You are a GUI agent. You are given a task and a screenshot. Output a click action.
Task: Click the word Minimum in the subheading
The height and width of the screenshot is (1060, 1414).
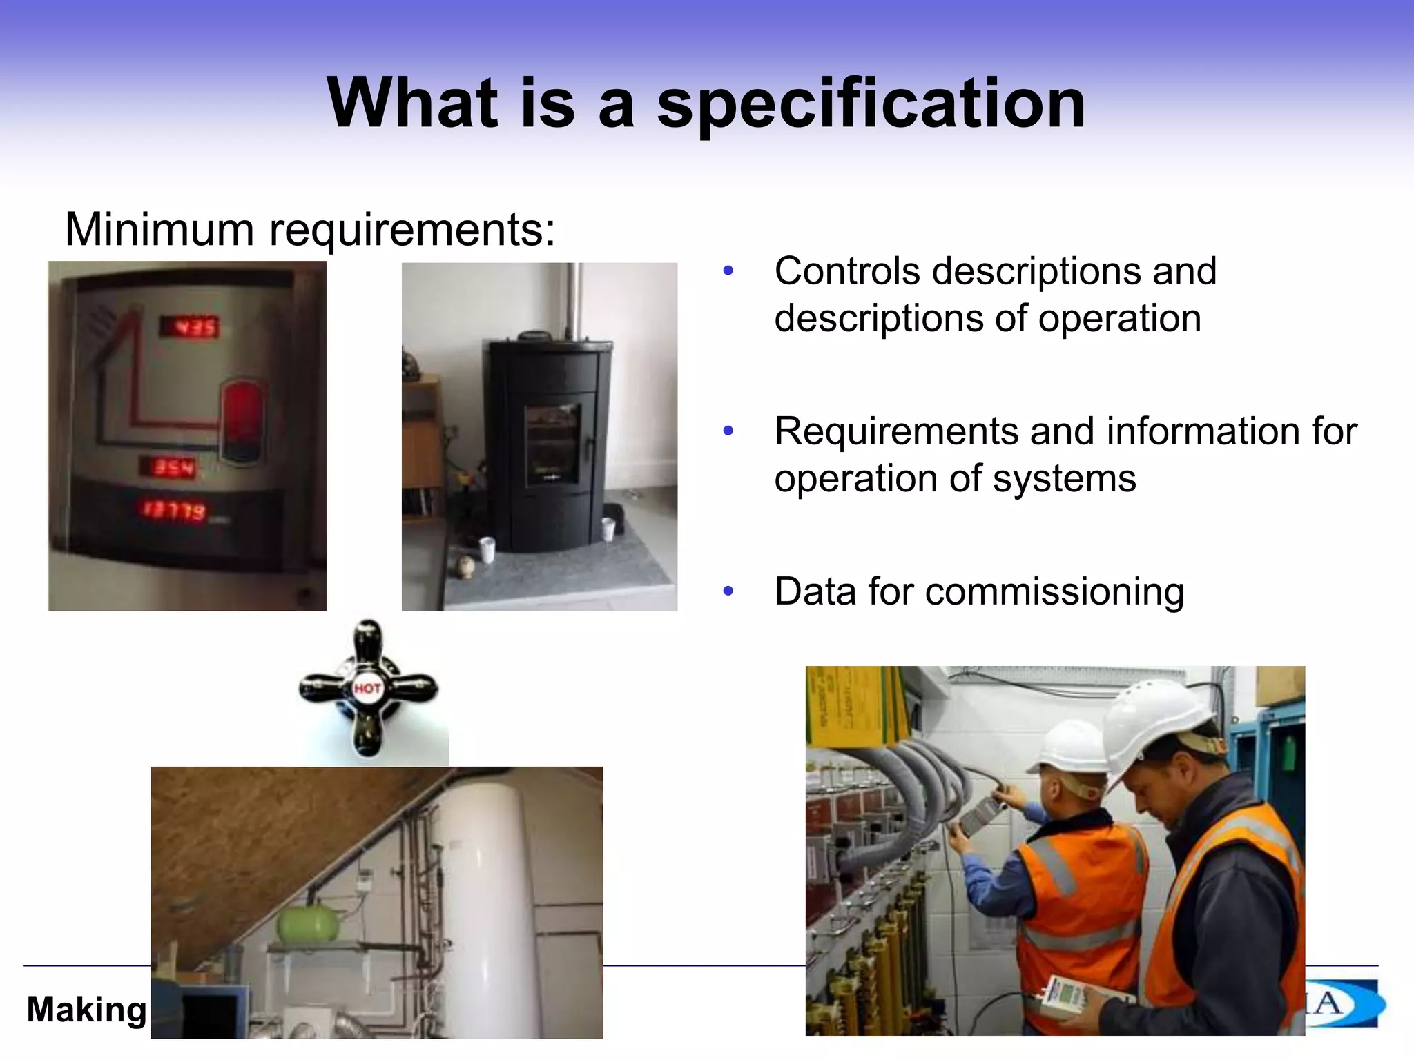[x=159, y=229]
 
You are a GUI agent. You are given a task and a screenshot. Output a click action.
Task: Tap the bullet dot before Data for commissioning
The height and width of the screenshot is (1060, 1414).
[x=728, y=592]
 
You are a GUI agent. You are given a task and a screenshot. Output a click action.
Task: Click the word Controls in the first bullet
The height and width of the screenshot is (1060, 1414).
[x=846, y=271]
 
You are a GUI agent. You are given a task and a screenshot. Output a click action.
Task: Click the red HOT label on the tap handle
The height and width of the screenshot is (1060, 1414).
[x=367, y=688]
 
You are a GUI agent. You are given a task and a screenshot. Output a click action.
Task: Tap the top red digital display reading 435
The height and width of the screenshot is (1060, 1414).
[x=189, y=326]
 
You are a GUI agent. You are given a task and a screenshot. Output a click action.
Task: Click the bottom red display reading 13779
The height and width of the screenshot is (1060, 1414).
[x=174, y=511]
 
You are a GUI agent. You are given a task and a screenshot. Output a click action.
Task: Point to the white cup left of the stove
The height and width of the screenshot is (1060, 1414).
[x=489, y=550]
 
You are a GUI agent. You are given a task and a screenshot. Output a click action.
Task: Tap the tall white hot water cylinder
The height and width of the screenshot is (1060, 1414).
[x=484, y=897]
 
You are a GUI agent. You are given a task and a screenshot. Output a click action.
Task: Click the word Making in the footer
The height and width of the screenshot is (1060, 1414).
[x=86, y=1010]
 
